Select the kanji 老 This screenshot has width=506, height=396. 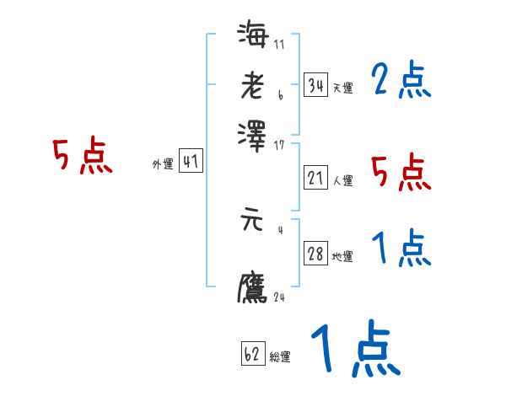[x=253, y=87]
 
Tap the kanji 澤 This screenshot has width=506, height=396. [x=253, y=134]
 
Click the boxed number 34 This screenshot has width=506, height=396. [x=315, y=85]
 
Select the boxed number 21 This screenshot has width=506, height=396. [x=315, y=178]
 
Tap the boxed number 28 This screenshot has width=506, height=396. [x=315, y=254]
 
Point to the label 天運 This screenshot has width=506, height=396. [x=342, y=88]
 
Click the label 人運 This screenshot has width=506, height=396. [x=342, y=180]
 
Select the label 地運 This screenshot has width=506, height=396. [x=342, y=256]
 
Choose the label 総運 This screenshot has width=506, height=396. [x=280, y=356]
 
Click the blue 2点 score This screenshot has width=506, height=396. [x=401, y=82]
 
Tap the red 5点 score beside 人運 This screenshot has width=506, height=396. [x=401, y=173]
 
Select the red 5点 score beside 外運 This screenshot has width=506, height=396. [x=83, y=157]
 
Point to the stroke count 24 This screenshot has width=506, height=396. [x=278, y=297]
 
